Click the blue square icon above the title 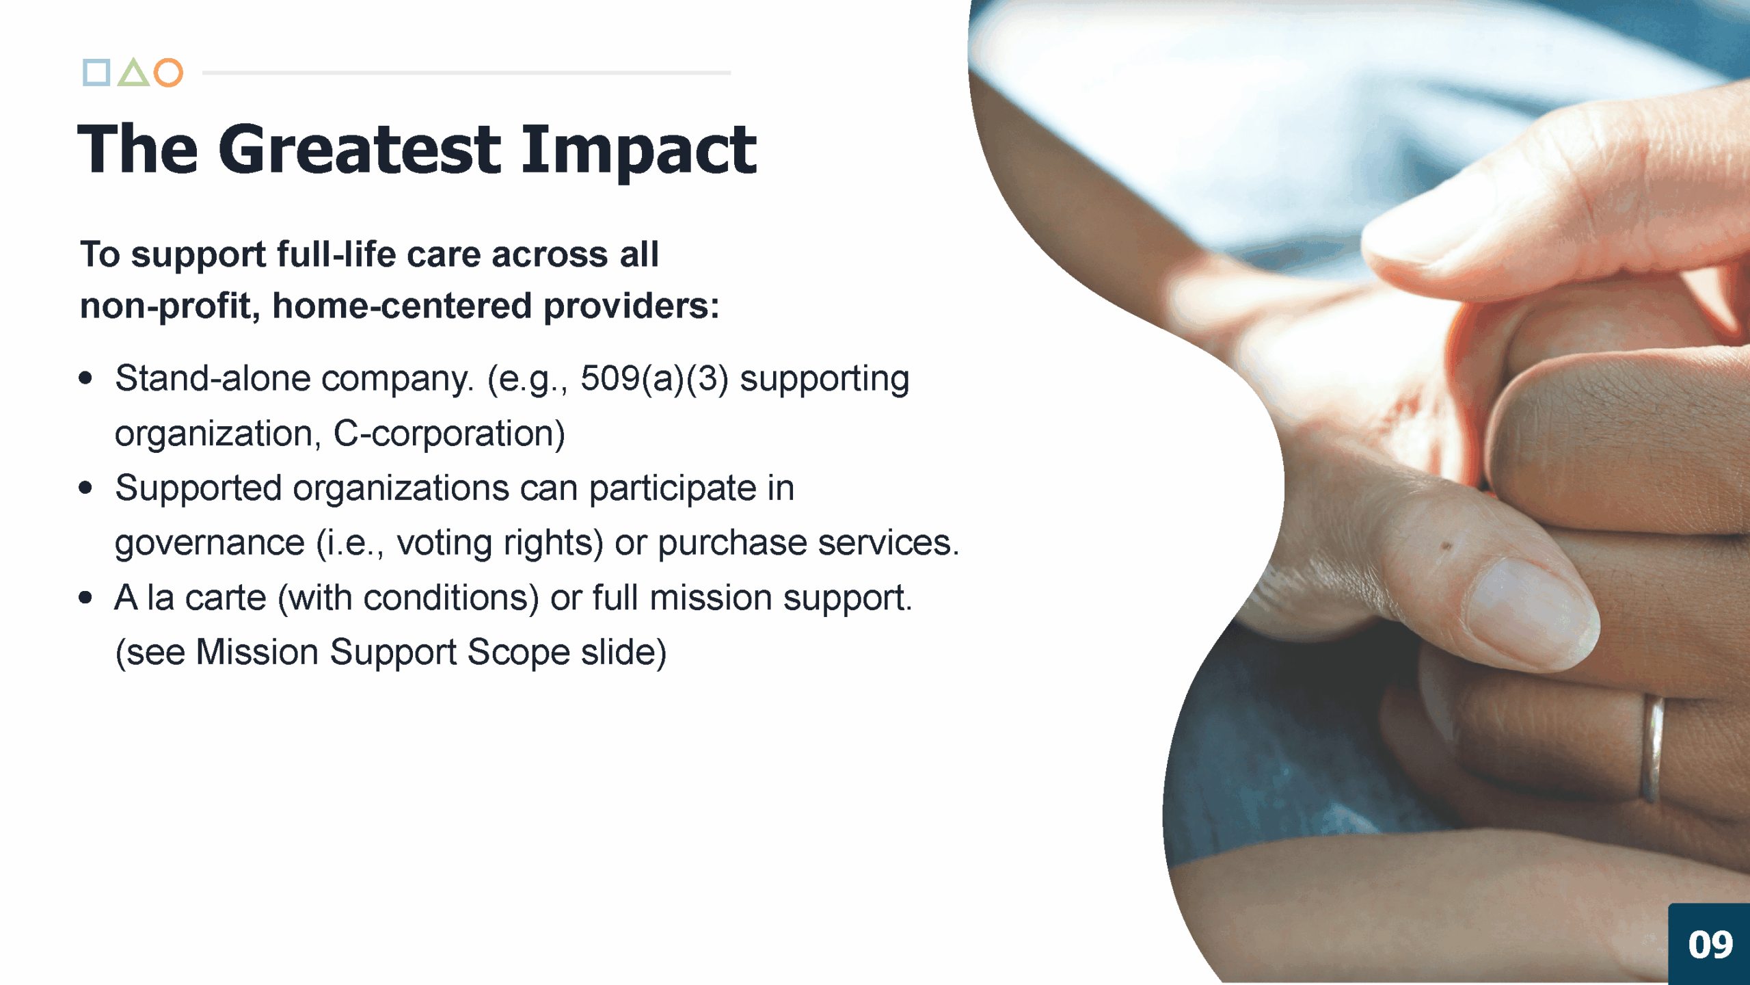click(x=96, y=73)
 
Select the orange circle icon click(x=168, y=73)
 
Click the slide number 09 click(x=1710, y=945)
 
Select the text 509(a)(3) click(x=655, y=378)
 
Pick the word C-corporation click(x=449, y=434)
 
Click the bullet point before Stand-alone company click(x=85, y=378)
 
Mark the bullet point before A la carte click(x=85, y=597)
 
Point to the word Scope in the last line click(x=518, y=653)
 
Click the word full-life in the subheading click(x=336, y=254)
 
